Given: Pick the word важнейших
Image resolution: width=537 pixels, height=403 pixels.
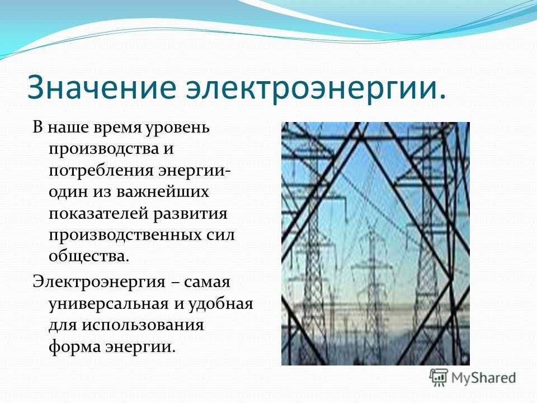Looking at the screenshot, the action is pos(163,193).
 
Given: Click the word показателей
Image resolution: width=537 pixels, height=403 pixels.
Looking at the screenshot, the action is pos(98,214).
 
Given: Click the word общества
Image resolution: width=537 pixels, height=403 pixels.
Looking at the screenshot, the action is pos(89,256).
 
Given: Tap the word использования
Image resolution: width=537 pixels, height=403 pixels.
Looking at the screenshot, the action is pos(143,325).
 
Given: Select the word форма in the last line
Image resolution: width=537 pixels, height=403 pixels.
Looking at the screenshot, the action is pos(74,346).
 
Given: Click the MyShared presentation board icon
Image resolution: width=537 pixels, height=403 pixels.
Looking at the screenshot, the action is pos(439,378).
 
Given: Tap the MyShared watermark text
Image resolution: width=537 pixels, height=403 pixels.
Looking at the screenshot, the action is pos(483,378).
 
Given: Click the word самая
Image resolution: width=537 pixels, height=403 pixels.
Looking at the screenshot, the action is pos(207,283).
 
